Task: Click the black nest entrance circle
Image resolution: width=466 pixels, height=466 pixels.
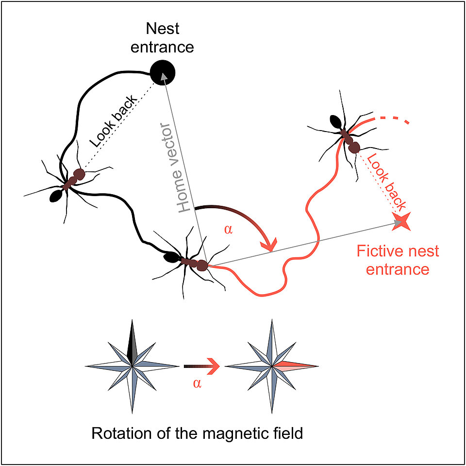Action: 163,73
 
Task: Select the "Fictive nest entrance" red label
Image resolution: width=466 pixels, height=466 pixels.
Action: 398,260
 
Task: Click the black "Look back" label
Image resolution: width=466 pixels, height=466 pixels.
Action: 114,121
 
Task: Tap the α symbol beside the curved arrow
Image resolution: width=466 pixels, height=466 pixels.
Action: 228,229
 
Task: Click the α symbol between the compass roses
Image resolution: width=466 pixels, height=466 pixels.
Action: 197,383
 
